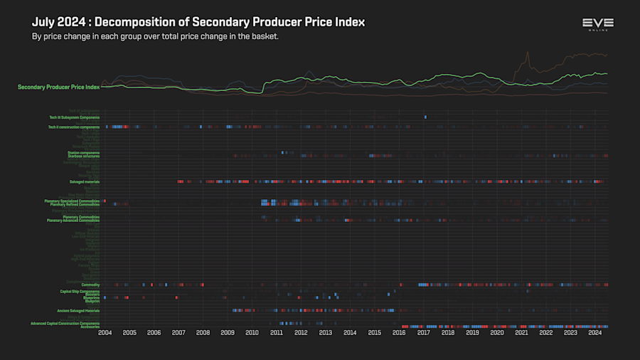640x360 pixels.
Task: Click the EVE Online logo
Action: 597,25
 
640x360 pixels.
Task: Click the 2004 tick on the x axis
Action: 105,333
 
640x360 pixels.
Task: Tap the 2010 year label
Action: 252,333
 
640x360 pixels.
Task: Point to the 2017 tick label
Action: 423,333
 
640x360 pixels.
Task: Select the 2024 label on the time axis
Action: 595,333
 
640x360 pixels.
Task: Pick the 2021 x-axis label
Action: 521,333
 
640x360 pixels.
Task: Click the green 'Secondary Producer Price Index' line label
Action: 58,87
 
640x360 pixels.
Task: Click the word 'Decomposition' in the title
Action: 136,22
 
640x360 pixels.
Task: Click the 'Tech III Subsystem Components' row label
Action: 74,117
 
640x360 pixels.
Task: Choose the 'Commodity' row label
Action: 90,285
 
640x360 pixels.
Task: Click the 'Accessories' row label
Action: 90,327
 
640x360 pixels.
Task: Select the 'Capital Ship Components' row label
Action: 80,291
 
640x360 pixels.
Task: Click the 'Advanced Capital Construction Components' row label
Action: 65,323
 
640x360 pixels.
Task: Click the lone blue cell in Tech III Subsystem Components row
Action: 425,117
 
